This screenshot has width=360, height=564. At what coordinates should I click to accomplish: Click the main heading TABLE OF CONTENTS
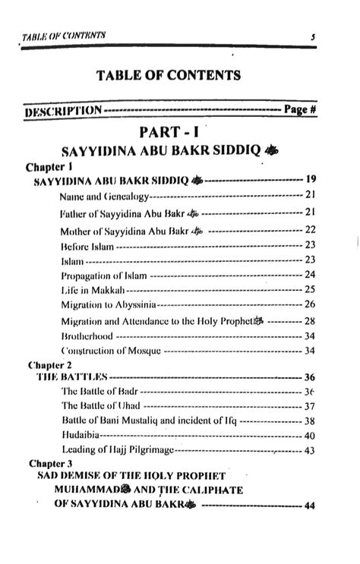coord(169,74)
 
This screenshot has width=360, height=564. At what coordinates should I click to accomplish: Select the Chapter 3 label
coord(51,463)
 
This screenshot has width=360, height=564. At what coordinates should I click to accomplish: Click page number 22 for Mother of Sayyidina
coord(309,228)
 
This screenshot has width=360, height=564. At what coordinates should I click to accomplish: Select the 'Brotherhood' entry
coord(87,336)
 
